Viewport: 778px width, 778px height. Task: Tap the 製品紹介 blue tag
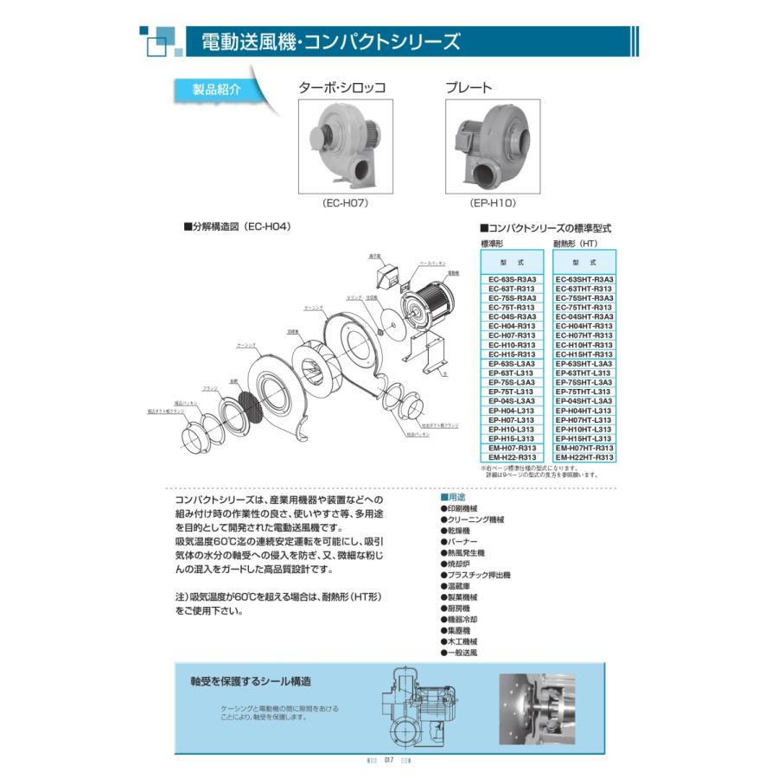(x=206, y=89)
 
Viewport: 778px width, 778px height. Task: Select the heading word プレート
(x=469, y=87)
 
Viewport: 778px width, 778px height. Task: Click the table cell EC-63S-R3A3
(x=512, y=280)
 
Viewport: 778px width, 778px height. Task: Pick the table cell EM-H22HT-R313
(x=585, y=457)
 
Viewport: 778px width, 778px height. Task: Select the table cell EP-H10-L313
(x=512, y=430)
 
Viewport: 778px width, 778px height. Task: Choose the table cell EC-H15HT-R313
(x=585, y=354)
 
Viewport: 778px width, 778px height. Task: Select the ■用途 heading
(x=456, y=498)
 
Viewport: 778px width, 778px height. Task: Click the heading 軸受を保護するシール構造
(x=251, y=681)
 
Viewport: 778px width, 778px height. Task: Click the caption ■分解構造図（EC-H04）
(x=237, y=226)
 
